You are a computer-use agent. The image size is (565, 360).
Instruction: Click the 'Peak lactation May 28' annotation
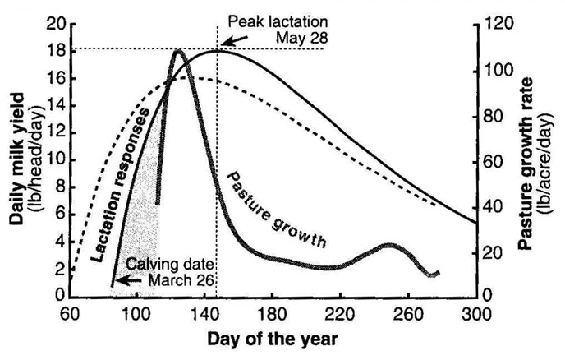278,30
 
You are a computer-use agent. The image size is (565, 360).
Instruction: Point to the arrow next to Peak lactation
233,40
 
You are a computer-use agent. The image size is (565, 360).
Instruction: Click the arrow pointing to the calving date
128,280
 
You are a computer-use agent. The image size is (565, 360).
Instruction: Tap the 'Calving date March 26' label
170,272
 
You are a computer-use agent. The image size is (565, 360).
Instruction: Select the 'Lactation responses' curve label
121,184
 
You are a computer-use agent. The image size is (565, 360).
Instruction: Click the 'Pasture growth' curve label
277,210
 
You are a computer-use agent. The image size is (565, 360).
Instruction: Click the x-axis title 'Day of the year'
273,339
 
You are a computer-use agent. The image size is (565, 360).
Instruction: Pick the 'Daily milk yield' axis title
17,159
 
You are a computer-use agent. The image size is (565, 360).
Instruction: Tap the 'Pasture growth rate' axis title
526,164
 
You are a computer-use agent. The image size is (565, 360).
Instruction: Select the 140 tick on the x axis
205,315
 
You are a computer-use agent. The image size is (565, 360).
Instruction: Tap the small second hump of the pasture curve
389,245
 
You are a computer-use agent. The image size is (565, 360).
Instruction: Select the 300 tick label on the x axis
476,315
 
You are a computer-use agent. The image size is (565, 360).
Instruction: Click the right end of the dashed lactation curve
435,205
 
